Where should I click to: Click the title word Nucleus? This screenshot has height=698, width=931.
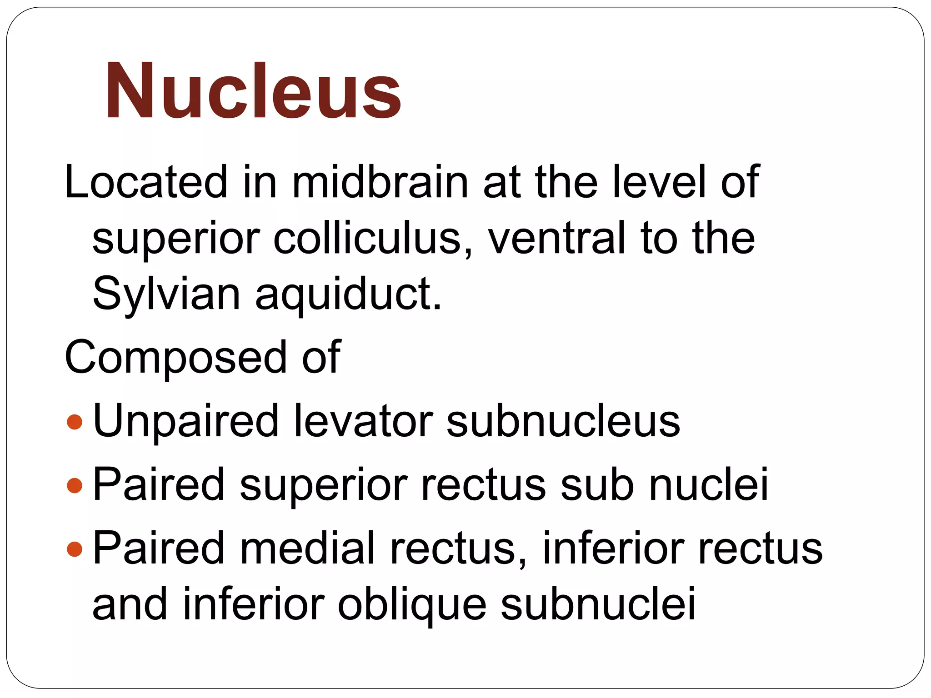[x=253, y=91]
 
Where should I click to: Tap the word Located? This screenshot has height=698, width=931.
[x=145, y=182]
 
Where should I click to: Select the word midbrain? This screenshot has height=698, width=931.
[x=380, y=182]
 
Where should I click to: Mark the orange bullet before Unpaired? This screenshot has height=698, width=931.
[x=74, y=422]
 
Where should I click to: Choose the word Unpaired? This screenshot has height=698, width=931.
[x=185, y=422]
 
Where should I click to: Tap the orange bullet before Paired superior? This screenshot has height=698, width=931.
[x=74, y=485]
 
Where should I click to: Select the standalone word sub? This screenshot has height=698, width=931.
[x=596, y=484]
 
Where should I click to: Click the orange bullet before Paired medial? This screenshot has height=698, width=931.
[x=74, y=549]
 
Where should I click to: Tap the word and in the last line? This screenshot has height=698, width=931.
[x=130, y=604]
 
